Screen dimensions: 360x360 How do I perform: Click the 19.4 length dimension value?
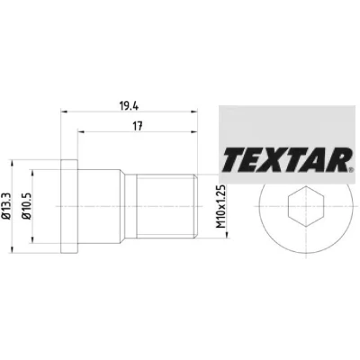click(129, 106)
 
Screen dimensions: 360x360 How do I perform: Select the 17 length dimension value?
click(138, 126)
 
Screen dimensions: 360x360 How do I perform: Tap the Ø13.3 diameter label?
click(6, 206)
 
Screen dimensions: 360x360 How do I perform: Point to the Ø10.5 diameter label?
click(27, 206)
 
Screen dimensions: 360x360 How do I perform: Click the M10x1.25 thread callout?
click(221, 206)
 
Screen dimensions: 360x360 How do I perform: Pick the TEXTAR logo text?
click(287, 159)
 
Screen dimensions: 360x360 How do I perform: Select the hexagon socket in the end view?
click(306, 206)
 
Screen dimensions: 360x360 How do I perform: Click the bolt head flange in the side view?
click(69, 206)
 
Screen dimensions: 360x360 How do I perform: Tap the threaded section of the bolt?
click(166, 206)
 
